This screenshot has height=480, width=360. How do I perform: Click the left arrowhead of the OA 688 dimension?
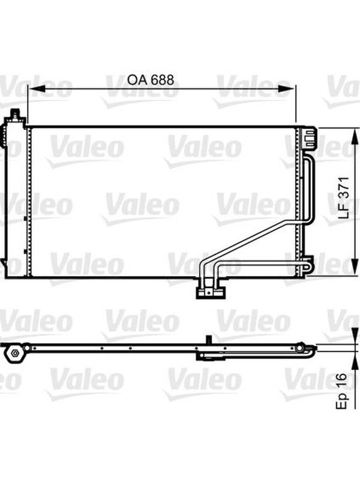point(37,89)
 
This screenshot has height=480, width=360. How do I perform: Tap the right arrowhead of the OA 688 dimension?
point(287,89)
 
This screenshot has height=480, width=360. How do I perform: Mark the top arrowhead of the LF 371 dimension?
point(355,137)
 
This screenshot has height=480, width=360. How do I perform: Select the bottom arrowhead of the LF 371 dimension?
point(355,267)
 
